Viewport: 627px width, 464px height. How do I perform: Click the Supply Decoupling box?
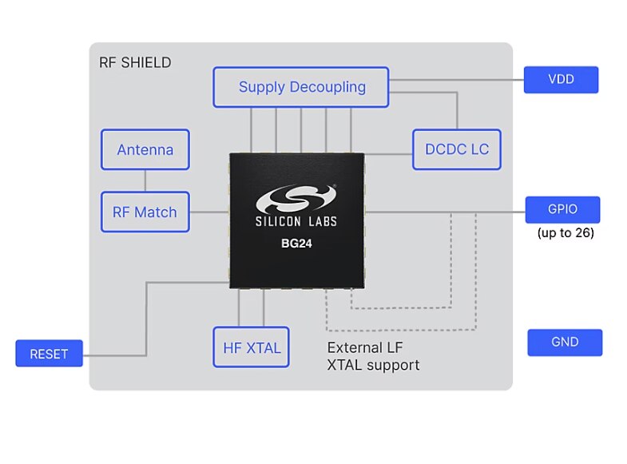click(301, 87)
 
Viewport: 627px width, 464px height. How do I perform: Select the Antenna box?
click(145, 149)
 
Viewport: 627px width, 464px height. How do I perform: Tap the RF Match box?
click(145, 212)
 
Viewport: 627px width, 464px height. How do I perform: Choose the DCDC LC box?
click(457, 149)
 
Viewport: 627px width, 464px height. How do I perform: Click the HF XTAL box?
click(251, 347)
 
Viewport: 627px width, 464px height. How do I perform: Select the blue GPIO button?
click(562, 210)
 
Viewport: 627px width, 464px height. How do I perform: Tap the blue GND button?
click(565, 342)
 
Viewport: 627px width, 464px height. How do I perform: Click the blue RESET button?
click(49, 354)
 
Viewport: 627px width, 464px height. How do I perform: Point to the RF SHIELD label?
click(134, 62)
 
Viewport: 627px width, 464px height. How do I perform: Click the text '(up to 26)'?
click(565, 233)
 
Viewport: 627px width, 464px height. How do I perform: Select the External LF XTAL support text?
click(373, 357)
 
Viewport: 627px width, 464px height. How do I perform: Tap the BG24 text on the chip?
click(296, 244)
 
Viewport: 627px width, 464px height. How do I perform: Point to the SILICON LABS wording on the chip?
click(296, 223)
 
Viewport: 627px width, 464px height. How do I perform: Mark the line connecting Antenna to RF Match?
click(145, 180)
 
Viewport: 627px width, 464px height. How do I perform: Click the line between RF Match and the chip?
click(209, 212)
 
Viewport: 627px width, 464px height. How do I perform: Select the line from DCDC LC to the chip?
click(388, 154)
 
